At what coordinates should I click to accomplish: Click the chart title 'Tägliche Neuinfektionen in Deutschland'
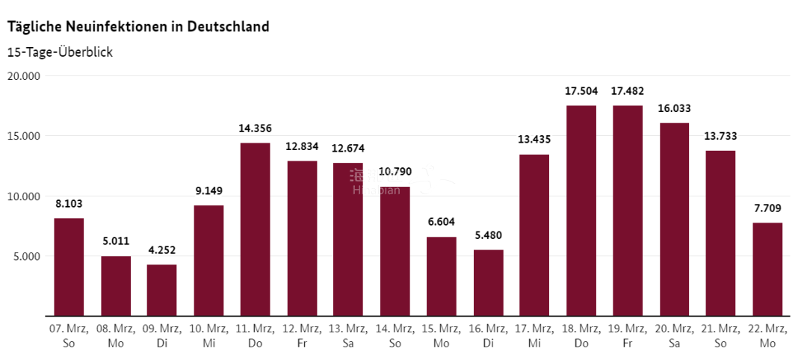point(138,27)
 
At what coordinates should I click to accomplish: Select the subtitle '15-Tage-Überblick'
point(60,52)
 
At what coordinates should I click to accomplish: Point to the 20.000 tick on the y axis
point(24,76)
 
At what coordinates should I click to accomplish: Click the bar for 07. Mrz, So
point(69,267)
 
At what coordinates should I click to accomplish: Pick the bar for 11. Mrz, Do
point(255,229)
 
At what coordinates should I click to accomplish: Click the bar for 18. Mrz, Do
point(581,211)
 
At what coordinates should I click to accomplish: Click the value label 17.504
point(581,91)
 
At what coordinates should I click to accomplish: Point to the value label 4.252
point(161,250)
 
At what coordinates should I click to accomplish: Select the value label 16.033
point(674,108)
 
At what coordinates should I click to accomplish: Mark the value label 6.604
point(441,222)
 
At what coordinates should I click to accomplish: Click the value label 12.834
point(301,146)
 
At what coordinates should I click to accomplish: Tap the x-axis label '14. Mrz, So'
point(395,335)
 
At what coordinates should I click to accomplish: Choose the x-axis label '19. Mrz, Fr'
point(627,335)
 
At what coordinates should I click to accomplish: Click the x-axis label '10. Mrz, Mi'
point(208,335)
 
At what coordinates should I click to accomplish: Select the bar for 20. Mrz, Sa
point(674,220)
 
